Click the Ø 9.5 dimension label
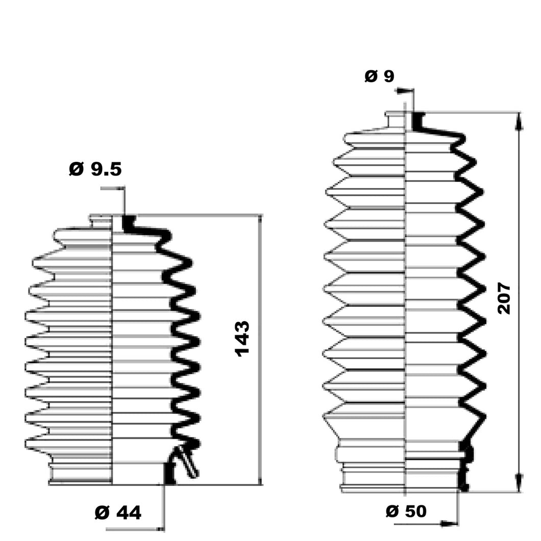(x=95, y=169)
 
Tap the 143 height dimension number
(x=242, y=338)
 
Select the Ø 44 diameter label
(x=118, y=512)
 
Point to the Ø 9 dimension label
(x=379, y=77)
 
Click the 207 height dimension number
(x=504, y=298)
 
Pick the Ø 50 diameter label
(x=406, y=511)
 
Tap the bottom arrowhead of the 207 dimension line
(x=519, y=483)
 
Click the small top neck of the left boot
(x=101, y=220)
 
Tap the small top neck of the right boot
(x=395, y=118)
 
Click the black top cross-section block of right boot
(x=417, y=121)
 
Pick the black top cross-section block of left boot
(x=129, y=223)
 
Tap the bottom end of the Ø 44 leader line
(x=163, y=529)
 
